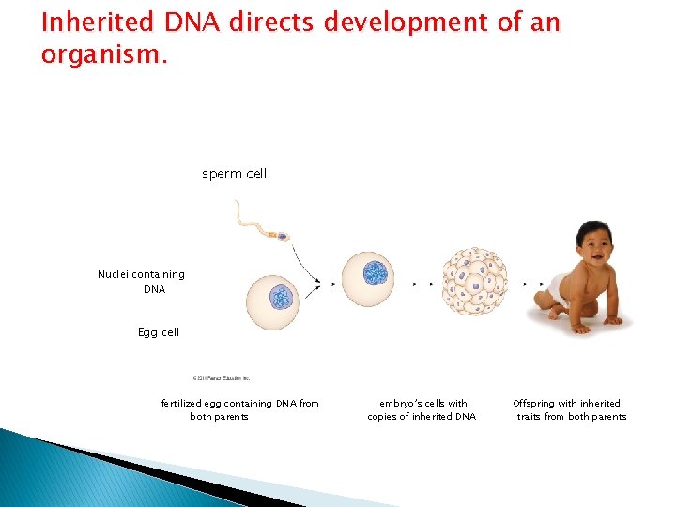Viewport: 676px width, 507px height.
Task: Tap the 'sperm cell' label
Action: coord(234,174)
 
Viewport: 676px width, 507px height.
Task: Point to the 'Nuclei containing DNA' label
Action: coord(141,282)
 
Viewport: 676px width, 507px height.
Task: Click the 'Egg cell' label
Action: coord(158,332)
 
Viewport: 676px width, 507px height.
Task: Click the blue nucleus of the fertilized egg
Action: coord(376,273)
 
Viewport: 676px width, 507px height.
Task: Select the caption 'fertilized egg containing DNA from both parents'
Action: coord(239,409)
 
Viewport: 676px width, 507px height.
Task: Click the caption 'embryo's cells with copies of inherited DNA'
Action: coord(422,409)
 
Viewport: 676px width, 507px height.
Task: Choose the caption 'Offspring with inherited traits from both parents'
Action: coord(570,409)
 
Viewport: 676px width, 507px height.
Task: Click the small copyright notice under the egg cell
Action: coord(221,378)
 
